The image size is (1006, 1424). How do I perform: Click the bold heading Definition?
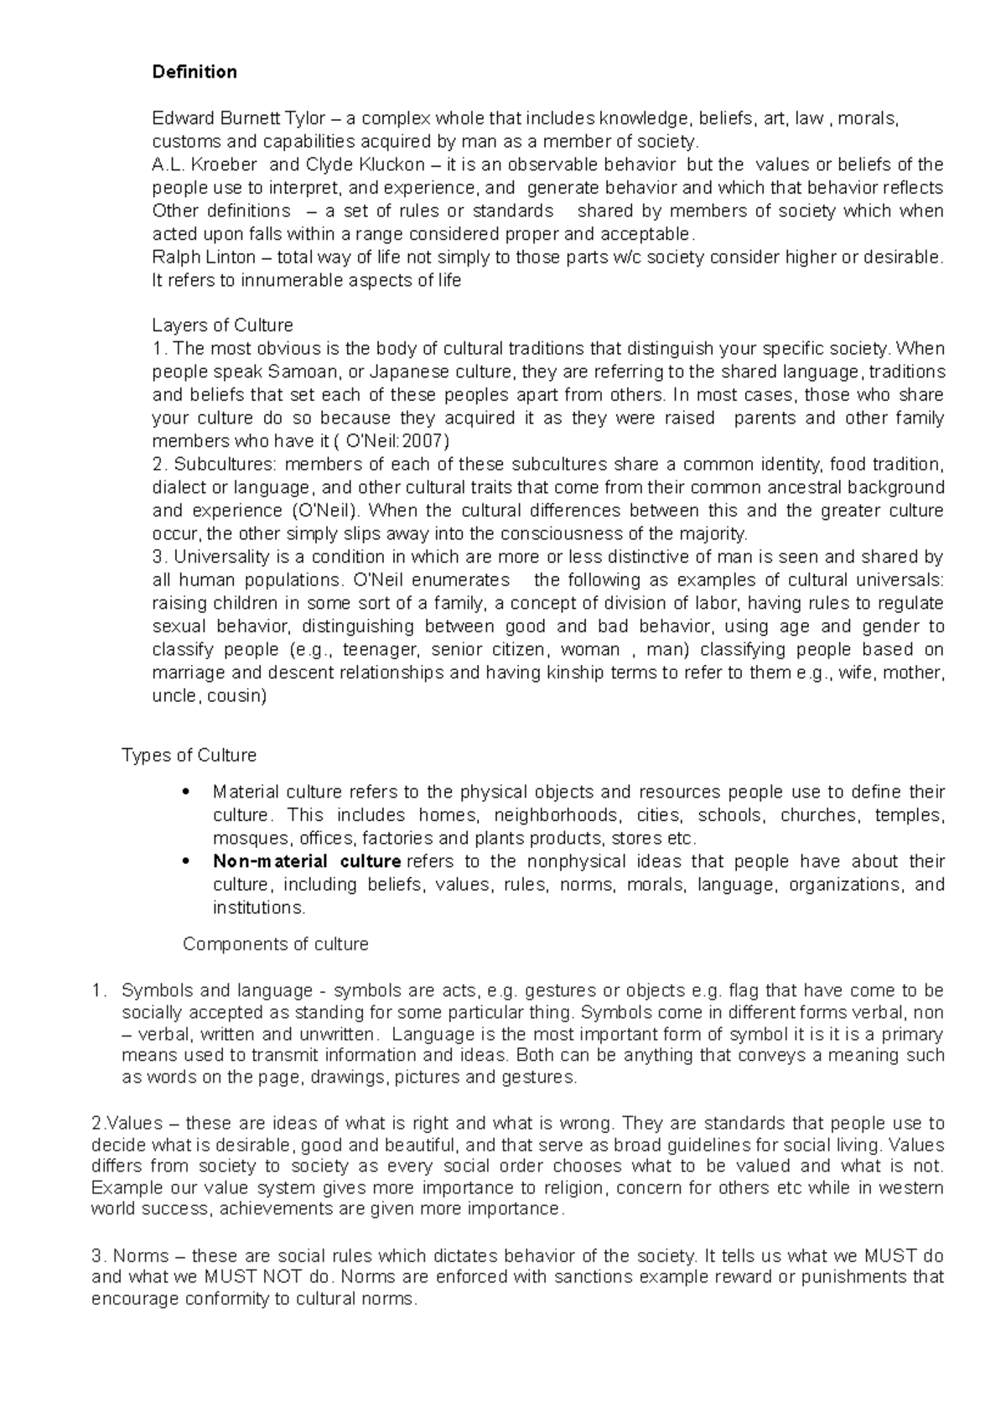pyautogui.click(x=194, y=72)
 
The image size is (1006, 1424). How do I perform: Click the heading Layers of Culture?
pyautogui.click(x=222, y=325)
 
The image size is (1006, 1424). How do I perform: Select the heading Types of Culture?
pyautogui.click(x=189, y=756)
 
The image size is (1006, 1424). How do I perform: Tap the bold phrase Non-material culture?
pyautogui.click(x=306, y=861)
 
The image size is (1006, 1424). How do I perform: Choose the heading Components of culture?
pyautogui.click(x=275, y=944)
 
